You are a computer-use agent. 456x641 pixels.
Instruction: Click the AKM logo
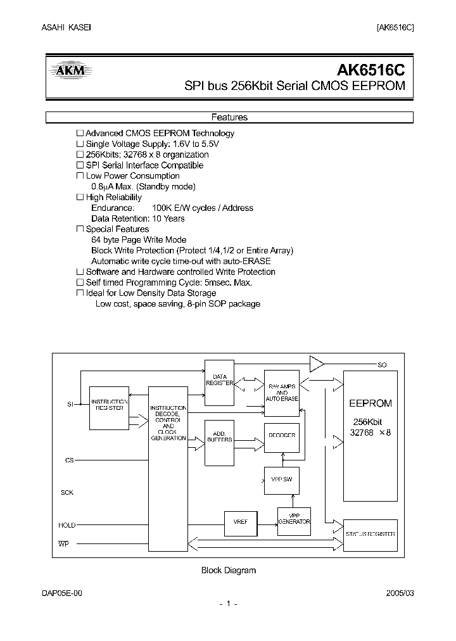tap(70, 72)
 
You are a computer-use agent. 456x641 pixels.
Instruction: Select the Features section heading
tap(229, 117)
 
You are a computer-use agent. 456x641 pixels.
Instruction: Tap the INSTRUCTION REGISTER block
tap(109, 405)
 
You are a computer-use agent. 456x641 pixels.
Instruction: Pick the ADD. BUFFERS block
tap(219, 437)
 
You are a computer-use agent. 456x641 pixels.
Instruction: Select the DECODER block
tap(281, 436)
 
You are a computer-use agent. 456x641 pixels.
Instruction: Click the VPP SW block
tap(281, 481)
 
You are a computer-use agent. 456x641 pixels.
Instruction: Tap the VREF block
tap(241, 522)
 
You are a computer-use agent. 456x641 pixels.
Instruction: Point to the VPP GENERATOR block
tap(294, 518)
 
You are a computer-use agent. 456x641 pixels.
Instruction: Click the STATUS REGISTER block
tap(370, 534)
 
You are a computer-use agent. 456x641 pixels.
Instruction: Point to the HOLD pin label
tap(67, 525)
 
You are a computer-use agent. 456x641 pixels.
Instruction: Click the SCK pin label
tap(67, 492)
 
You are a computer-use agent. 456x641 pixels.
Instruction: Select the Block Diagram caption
tap(228, 570)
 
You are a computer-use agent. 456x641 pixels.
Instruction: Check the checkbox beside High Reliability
tap(80, 198)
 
